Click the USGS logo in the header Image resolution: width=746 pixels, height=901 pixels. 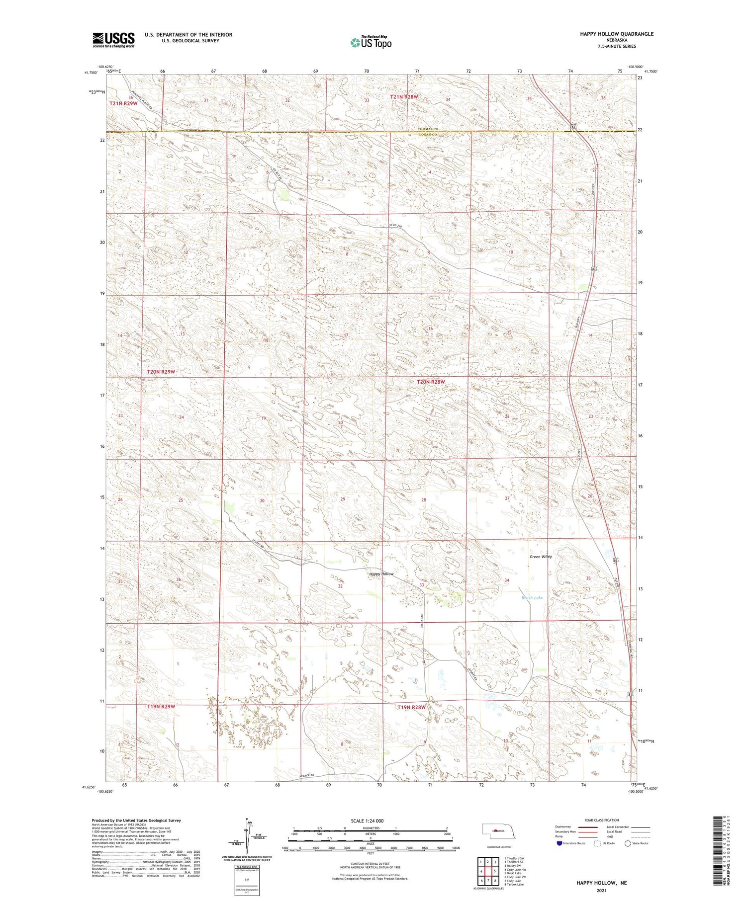(113, 40)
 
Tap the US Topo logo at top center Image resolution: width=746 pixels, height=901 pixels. (371, 43)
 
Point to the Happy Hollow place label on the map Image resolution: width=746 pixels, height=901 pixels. (381, 574)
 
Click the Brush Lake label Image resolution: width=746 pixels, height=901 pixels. (532, 598)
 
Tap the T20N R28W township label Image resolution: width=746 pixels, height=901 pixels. (430, 382)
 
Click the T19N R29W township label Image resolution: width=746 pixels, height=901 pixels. (161, 706)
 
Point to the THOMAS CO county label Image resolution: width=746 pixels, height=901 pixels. (427, 130)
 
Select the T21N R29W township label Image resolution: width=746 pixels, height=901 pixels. (123, 103)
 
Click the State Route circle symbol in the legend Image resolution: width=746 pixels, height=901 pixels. (628, 843)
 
